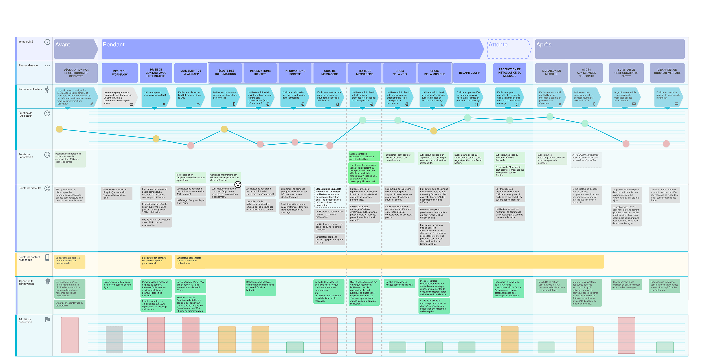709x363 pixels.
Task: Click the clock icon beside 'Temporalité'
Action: (47, 42)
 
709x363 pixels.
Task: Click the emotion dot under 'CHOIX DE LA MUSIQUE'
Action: (433, 131)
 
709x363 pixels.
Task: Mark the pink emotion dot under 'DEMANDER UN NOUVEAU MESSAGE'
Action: (666, 144)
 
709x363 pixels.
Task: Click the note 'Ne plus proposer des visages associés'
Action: (399, 283)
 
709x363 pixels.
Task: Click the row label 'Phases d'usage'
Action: (28, 66)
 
